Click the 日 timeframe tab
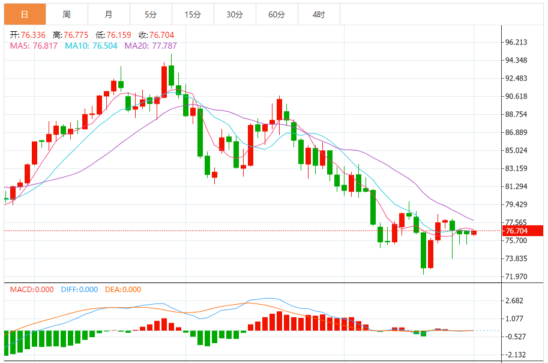(x=25, y=14)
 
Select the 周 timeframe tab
(x=66, y=14)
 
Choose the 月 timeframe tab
(x=108, y=14)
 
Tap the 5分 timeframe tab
(x=150, y=14)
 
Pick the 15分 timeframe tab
(x=193, y=14)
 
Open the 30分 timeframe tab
(x=235, y=14)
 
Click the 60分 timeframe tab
(x=277, y=14)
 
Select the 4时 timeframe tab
(x=319, y=14)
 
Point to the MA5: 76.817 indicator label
(x=34, y=45)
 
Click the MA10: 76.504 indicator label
(x=91, y=45)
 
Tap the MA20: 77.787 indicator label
(x=151, y=45)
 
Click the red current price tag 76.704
(x=523, y=231)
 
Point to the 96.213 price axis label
(x=516, y=42)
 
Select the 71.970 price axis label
(x=516, y=276)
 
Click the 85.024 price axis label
(x=516, y=150)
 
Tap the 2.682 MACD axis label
(x=514, y=300)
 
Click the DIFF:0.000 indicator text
(x=79, y=290)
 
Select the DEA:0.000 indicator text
(x=123, y=290)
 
